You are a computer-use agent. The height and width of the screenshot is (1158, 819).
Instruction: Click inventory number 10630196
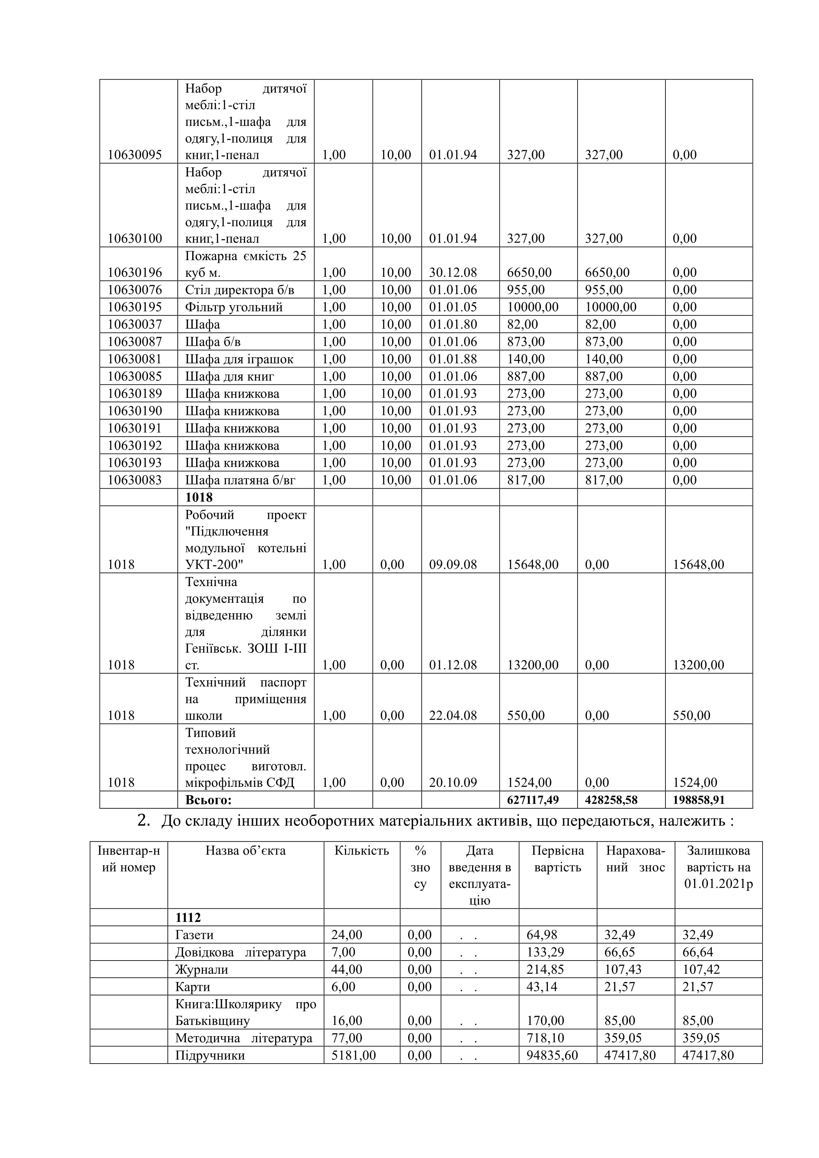point(135,273)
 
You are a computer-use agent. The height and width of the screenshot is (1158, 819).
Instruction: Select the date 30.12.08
point(452,273)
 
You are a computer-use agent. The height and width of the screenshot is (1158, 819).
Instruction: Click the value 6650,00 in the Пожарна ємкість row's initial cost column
point(529,273)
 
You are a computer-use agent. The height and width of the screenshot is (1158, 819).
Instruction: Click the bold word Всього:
point(208,800)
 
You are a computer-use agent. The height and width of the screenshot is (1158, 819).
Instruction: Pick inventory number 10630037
point(135,324)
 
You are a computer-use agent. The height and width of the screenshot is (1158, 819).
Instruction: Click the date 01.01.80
point(452,324)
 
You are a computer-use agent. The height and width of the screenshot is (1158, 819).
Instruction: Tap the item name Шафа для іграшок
point(239,359)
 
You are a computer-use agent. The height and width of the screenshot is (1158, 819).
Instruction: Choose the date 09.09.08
point(452,564)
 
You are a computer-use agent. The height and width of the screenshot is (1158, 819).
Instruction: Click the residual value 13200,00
point(698,665)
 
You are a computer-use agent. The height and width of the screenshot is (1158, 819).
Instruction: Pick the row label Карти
point(193,987)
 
